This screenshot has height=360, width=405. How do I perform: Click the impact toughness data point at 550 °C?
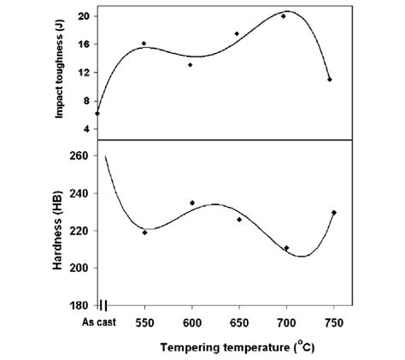tap(144, 43)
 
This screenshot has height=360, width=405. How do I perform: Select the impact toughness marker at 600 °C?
tap(191, 64)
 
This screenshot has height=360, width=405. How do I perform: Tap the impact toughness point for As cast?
tap(97, 113)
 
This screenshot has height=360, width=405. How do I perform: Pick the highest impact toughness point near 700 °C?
tap(284, 16)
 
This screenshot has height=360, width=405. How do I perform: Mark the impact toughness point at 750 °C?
tap(330, 80)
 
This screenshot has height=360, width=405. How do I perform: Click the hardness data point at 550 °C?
tap(144, 232)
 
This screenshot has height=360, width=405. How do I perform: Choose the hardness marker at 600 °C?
tap(192, 203)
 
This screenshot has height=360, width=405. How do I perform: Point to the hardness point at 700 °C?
tap(286, 248)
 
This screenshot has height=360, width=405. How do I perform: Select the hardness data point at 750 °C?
tap(334, 212)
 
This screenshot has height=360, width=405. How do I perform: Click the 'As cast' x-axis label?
tap(98, 322)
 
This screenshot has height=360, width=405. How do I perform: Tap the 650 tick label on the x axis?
tap(239, 322)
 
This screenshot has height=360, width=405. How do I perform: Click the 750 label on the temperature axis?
tap(333, 322)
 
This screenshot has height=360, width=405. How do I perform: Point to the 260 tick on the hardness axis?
tap(79, 155)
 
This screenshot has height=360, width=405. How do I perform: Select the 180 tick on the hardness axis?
tap(79, 305)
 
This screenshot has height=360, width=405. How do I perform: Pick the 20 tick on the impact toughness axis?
tap(83, 16)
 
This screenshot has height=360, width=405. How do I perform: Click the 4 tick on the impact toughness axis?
tap(85, 128)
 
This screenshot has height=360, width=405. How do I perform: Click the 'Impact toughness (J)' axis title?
tap(61, 72)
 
